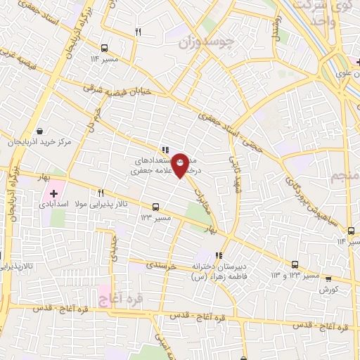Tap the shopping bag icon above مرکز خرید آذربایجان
[39, 131]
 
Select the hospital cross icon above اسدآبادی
[53, 193]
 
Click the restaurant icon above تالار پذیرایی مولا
[101, 193]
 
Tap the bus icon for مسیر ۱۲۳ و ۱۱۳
[295, 265]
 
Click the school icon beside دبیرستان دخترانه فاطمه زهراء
[219, 255]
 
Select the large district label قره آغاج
[121, 300]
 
